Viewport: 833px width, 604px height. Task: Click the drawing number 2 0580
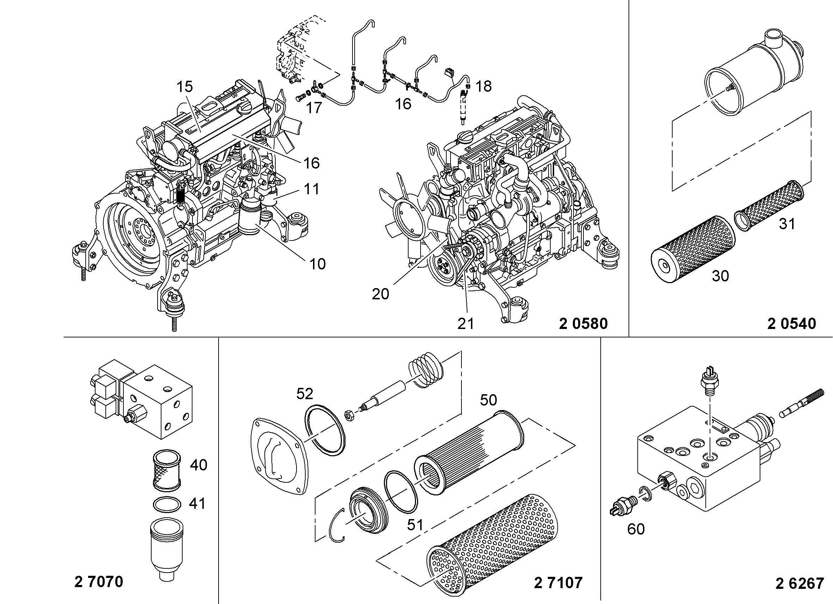point(583,324)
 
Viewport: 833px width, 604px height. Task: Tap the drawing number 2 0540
point(791,324)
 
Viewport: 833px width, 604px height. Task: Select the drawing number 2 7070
point(98,582)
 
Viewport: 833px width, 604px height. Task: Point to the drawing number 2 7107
point(558,583)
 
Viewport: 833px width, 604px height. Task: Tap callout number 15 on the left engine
point(184,87)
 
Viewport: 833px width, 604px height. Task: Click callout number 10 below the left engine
point(317,264)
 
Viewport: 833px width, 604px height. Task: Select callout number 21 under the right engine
point(466,324)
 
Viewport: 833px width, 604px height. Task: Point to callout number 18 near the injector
point(483,86)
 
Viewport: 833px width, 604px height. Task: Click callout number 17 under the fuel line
point(314,108)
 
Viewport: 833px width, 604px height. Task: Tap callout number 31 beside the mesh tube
point(787,224)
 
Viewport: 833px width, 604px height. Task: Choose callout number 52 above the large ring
point(305,394)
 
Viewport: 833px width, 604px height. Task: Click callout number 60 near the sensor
point(636,529)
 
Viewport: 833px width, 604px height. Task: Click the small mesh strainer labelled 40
point(166,471)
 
